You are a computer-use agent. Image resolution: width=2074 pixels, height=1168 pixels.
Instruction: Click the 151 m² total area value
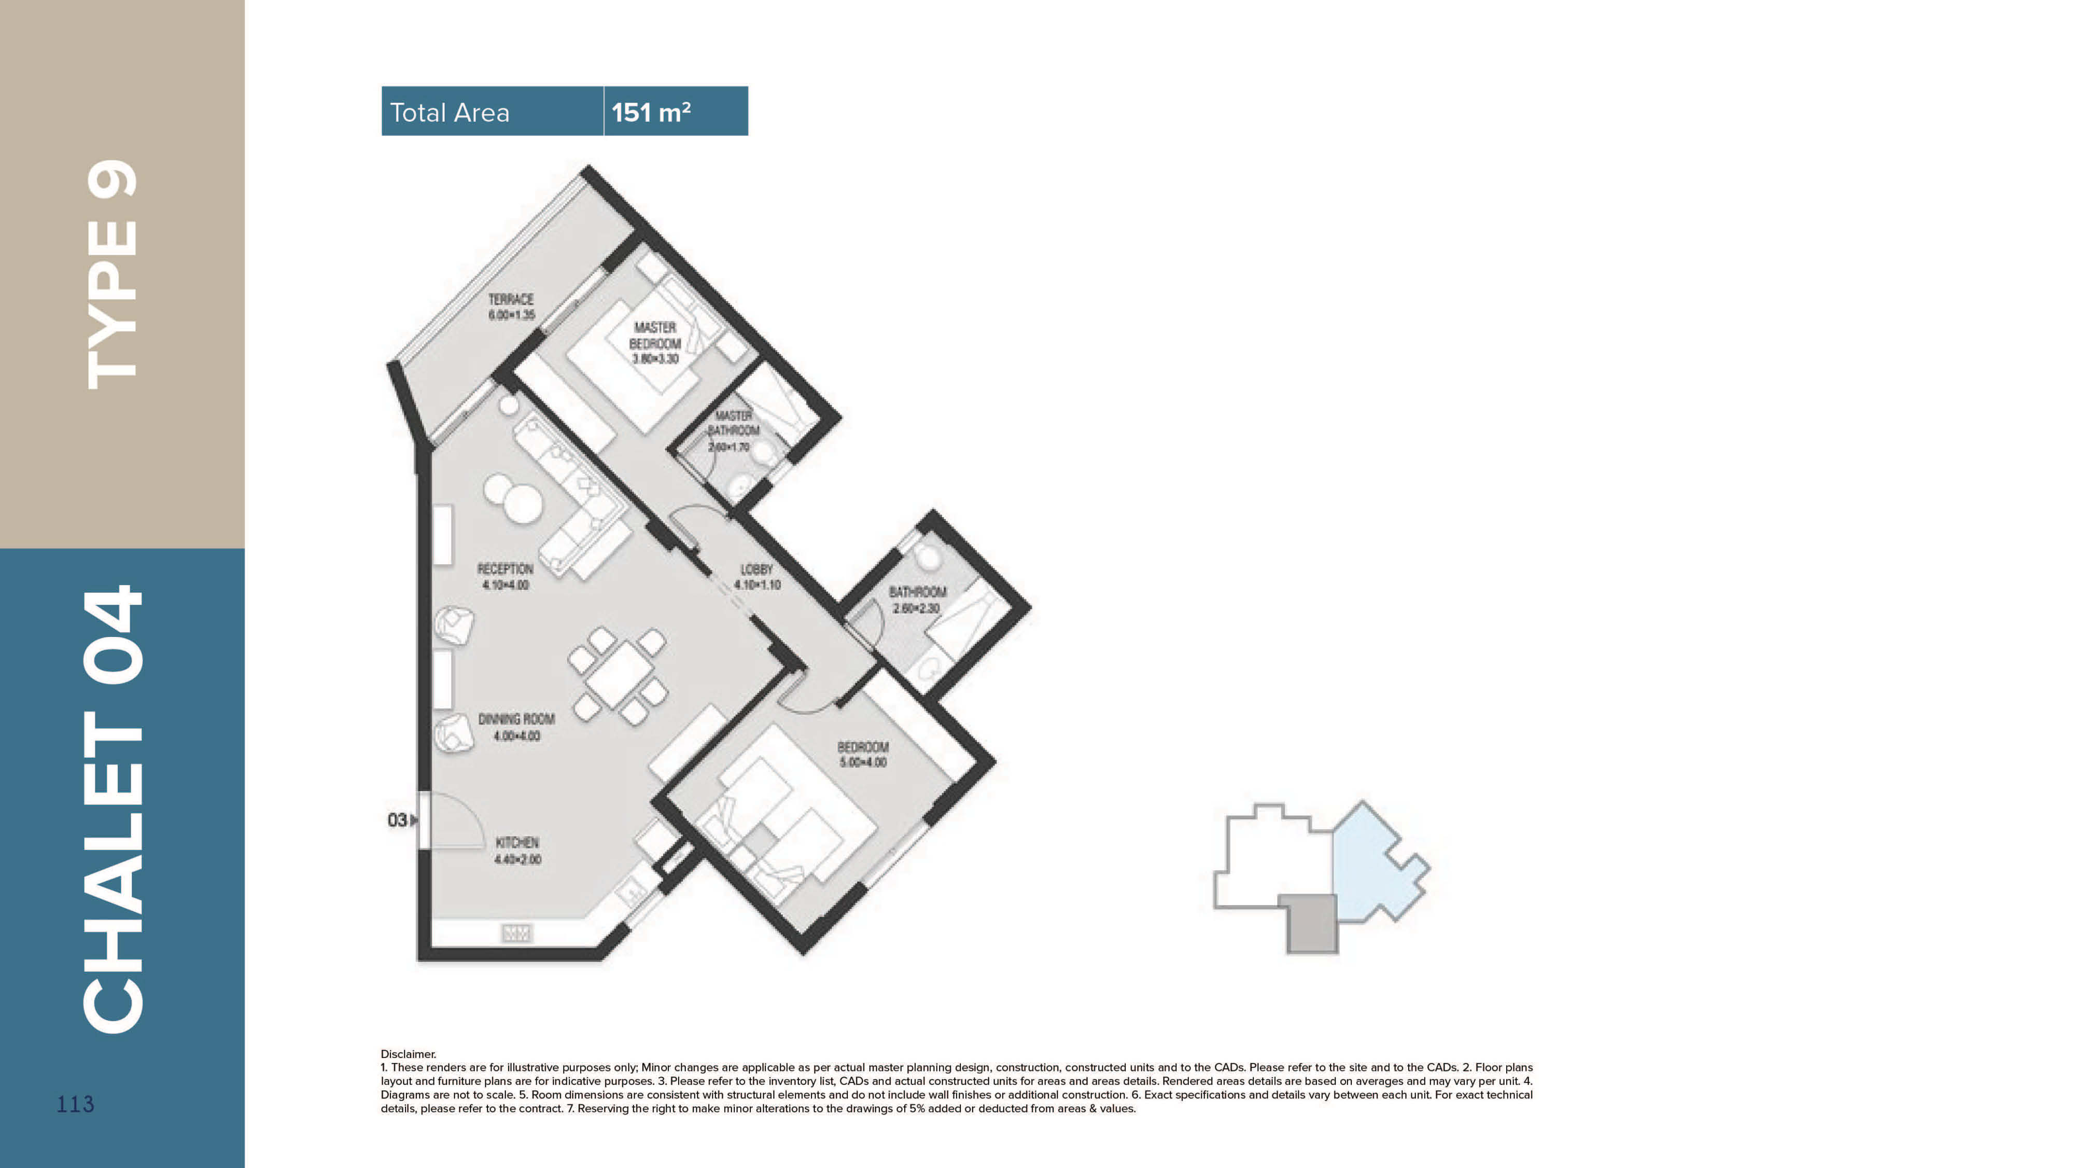coord(651,112)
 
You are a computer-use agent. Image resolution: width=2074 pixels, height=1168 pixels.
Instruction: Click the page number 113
coord(75,1104)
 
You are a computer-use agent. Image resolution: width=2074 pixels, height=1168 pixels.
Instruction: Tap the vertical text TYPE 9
coord(113,274)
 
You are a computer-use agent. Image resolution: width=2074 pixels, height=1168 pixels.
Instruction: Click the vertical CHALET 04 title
coord(113,810)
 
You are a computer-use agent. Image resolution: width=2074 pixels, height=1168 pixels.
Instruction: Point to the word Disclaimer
coord(408,1053)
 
